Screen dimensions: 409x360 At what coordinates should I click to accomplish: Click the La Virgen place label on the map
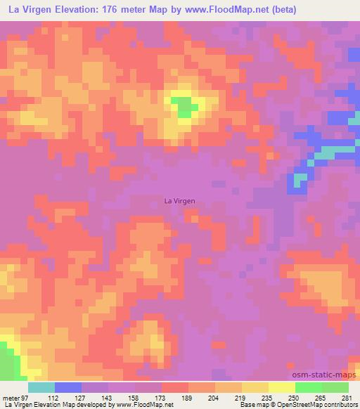coord(179,201)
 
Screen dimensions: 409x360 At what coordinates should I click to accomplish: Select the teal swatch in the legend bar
coord(41,387)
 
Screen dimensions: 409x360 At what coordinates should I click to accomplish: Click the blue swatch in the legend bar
coord(68,387)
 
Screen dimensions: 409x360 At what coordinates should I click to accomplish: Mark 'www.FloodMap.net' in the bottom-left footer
coord(143,405)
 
